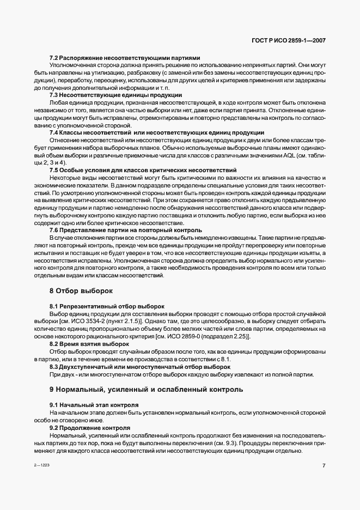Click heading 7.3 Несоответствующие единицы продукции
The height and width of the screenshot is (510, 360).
click(x=115, y=95)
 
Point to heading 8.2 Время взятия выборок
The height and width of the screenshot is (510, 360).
click(x=89, y=344)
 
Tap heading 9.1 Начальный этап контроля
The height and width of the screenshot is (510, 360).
click(x=94, y=405)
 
